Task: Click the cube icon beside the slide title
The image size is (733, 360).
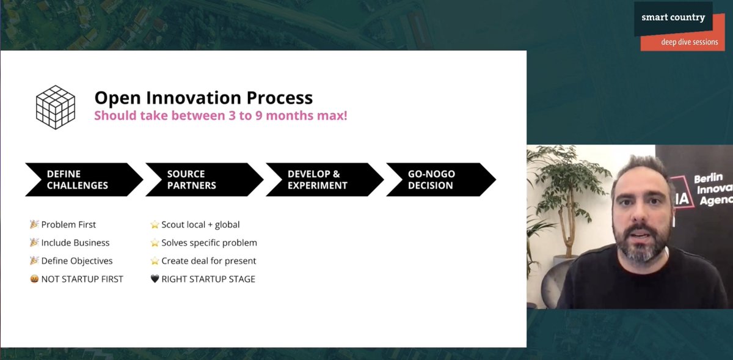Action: click(55, 107)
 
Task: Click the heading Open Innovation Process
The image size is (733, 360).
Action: click(203, 98)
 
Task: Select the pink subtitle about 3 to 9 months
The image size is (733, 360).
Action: click(221, 116)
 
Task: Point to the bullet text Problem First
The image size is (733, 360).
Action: click(68, 224)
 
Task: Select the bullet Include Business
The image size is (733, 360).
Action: click(75, 243)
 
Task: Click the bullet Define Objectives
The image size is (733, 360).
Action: click(77, 261)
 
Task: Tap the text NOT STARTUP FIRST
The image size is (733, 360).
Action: click(82, 279)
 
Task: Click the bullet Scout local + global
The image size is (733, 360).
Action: click(200, 224)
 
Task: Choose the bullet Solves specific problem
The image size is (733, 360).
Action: click(209, 243)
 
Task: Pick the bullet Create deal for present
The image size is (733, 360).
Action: click(208, 261)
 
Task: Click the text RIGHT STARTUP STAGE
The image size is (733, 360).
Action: click(208, 279)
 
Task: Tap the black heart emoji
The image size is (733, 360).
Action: click(155, 279)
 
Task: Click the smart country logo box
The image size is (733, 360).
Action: click(673, 18)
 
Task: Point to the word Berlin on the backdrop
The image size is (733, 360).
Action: click(709, 178)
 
